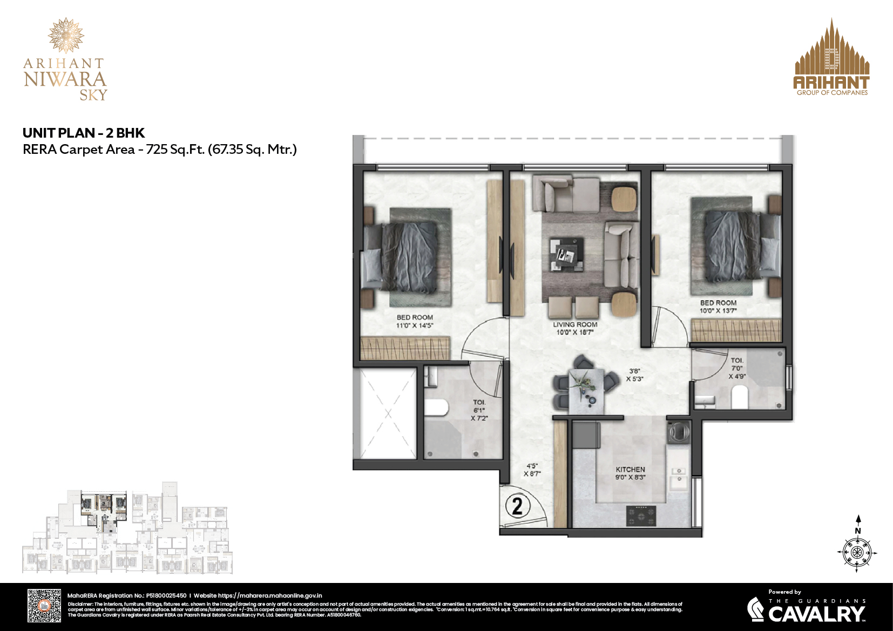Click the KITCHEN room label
tap(630, 470)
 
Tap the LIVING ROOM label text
tap(575, 325)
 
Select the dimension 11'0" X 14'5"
tap(415, 325)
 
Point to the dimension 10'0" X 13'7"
tap(718, 310)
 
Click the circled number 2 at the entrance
tap(517, 506)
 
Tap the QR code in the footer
tap(44, 606)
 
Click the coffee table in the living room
tap(567, 254)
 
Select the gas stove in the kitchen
tap(641, 515)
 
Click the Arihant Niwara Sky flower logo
tap(66, 35)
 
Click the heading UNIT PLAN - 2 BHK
tap(84, 133)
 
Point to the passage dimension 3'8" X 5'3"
tap(634, 375)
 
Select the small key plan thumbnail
tap(127, 532)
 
